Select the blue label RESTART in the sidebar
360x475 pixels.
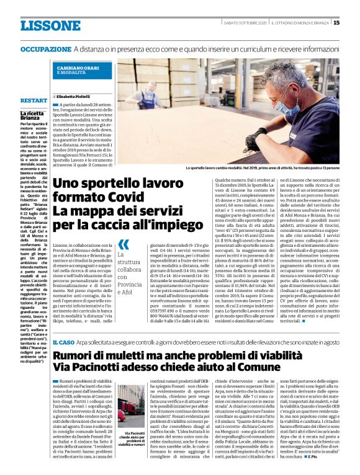[x=34, y=99]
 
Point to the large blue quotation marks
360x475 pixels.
[x=124, y=243]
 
